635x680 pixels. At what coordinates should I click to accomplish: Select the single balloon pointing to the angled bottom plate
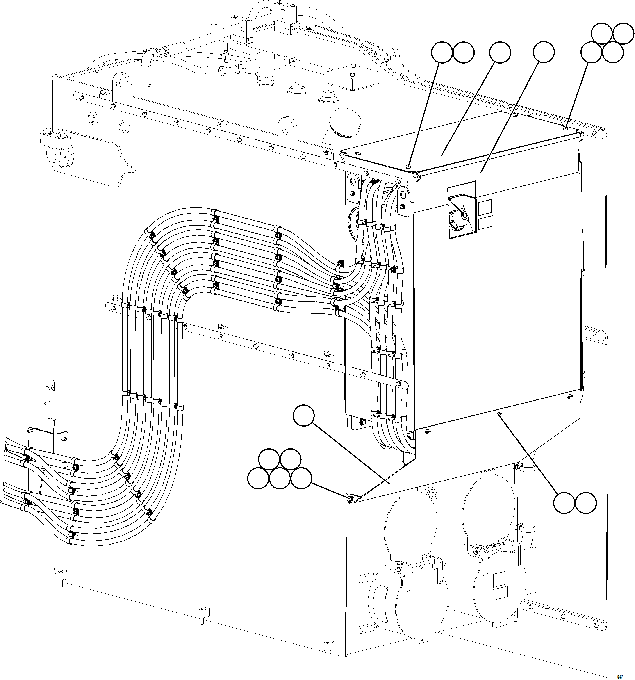tap(304, 415)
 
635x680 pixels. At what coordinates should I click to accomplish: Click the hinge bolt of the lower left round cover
tap(398, 569)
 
